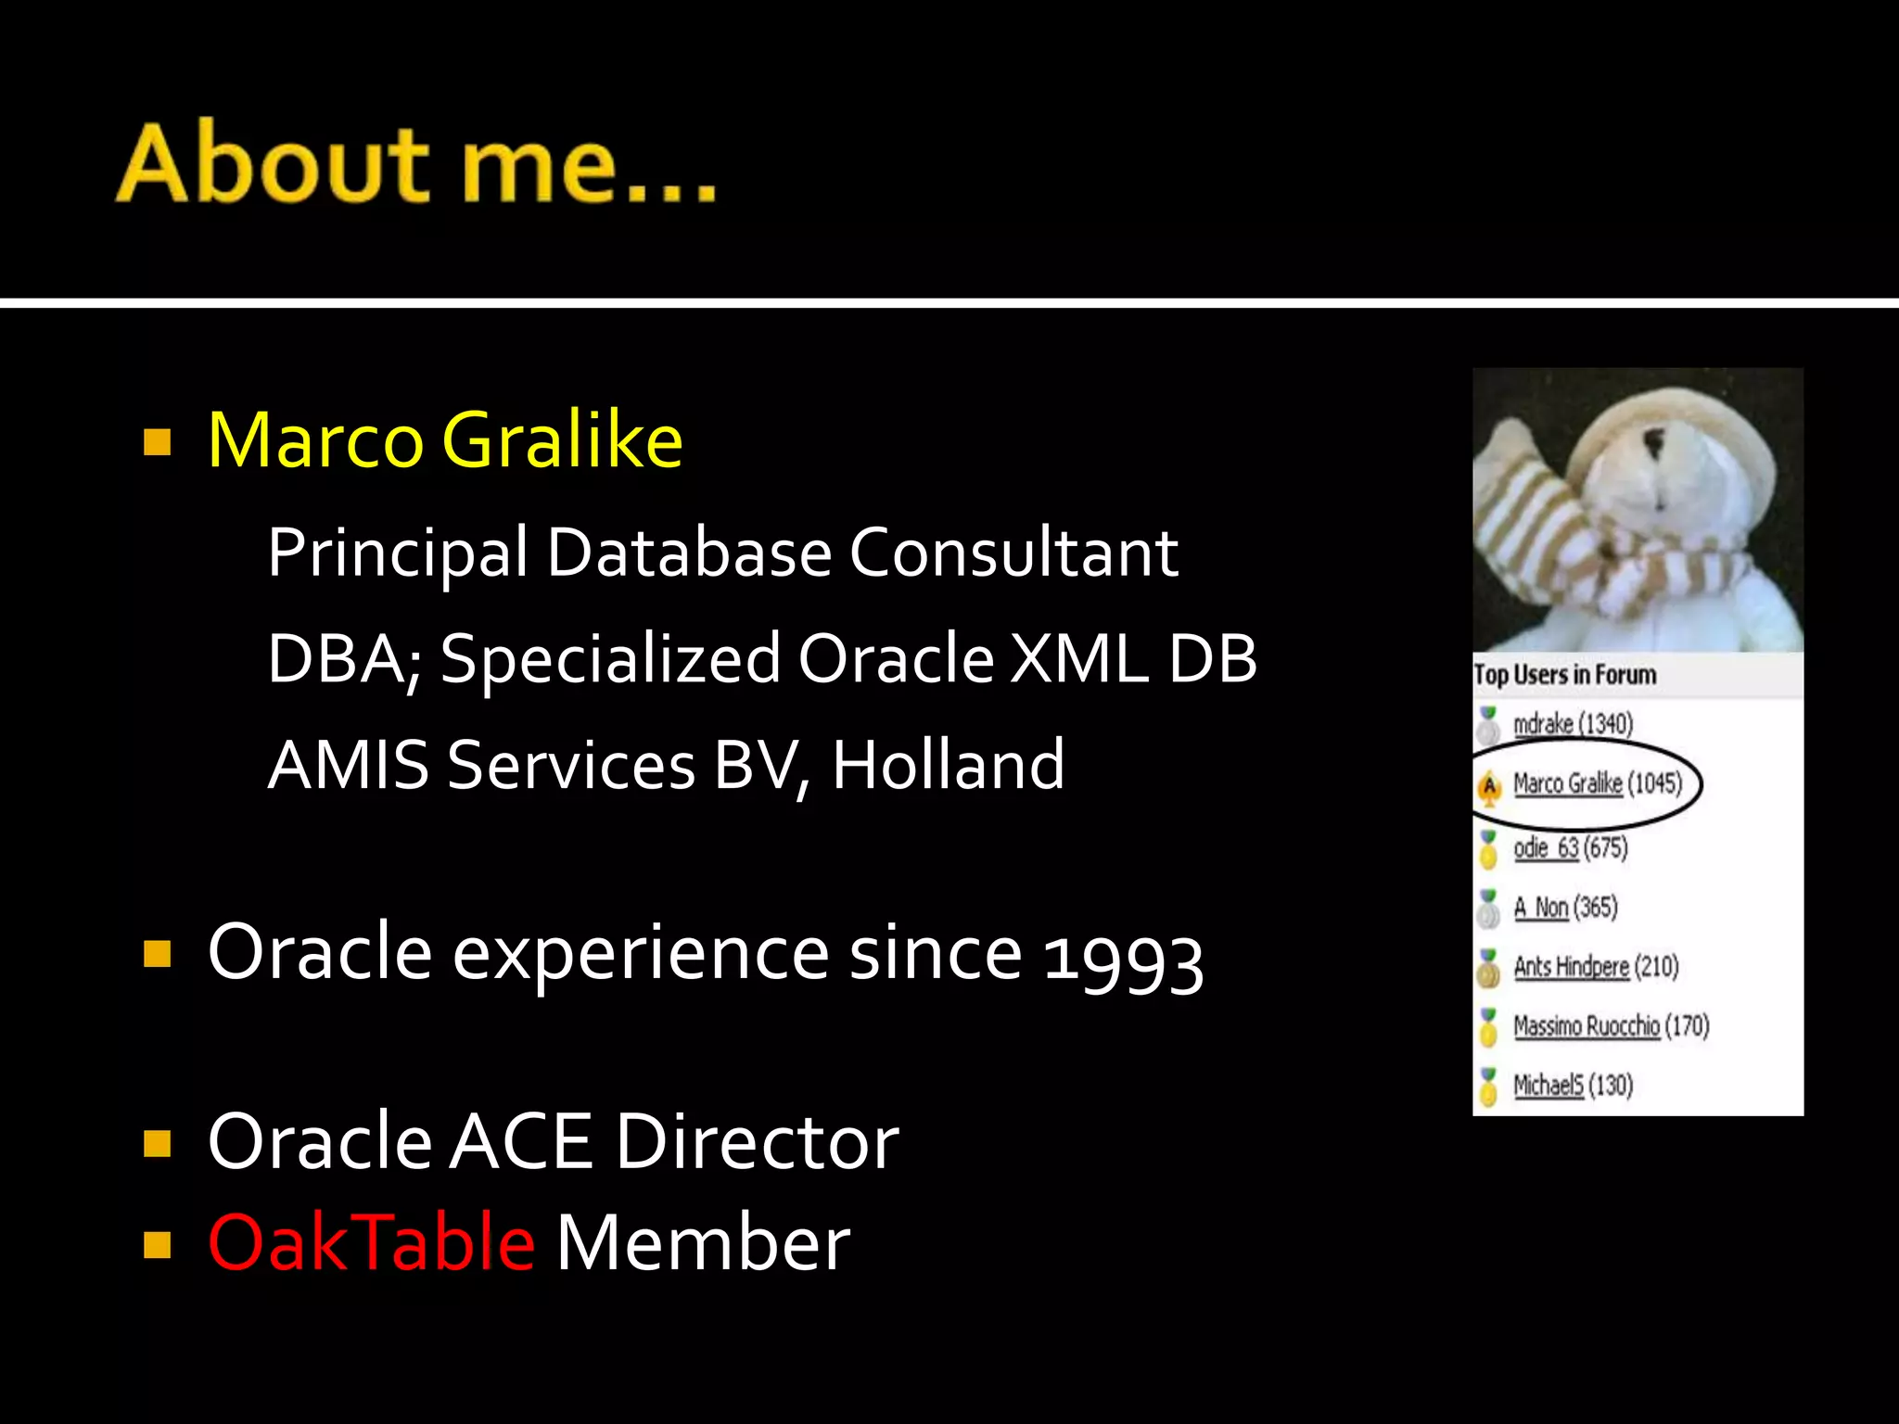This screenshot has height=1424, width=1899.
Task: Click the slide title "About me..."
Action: click(416, 163)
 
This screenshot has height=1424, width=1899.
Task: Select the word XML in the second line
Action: click(1078, 659)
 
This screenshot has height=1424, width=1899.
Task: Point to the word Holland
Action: click(948, 765)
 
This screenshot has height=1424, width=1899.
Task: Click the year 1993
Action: click(1123, 959)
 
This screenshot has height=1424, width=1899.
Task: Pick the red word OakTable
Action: click(371, 1242)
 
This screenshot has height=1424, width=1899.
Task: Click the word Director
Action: click(757, 1141)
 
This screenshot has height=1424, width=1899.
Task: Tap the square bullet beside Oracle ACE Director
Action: click(158, 1143)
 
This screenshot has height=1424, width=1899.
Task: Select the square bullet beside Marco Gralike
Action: click(158, 442)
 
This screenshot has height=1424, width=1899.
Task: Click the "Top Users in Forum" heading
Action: click(1565, 675)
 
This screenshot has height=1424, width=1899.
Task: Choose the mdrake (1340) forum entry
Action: click(1573, 724)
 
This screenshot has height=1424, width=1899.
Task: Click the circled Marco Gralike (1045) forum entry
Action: click(1597, 784)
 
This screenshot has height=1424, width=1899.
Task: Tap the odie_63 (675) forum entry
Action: click(1570, 848)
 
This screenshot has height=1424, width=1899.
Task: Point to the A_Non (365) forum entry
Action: click(1565, 908)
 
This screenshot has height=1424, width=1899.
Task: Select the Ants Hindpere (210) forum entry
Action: click(1596, 967)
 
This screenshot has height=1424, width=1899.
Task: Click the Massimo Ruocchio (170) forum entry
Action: click(1611, 1026)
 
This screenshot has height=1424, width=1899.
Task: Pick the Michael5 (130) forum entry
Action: click(1573, 1086)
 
